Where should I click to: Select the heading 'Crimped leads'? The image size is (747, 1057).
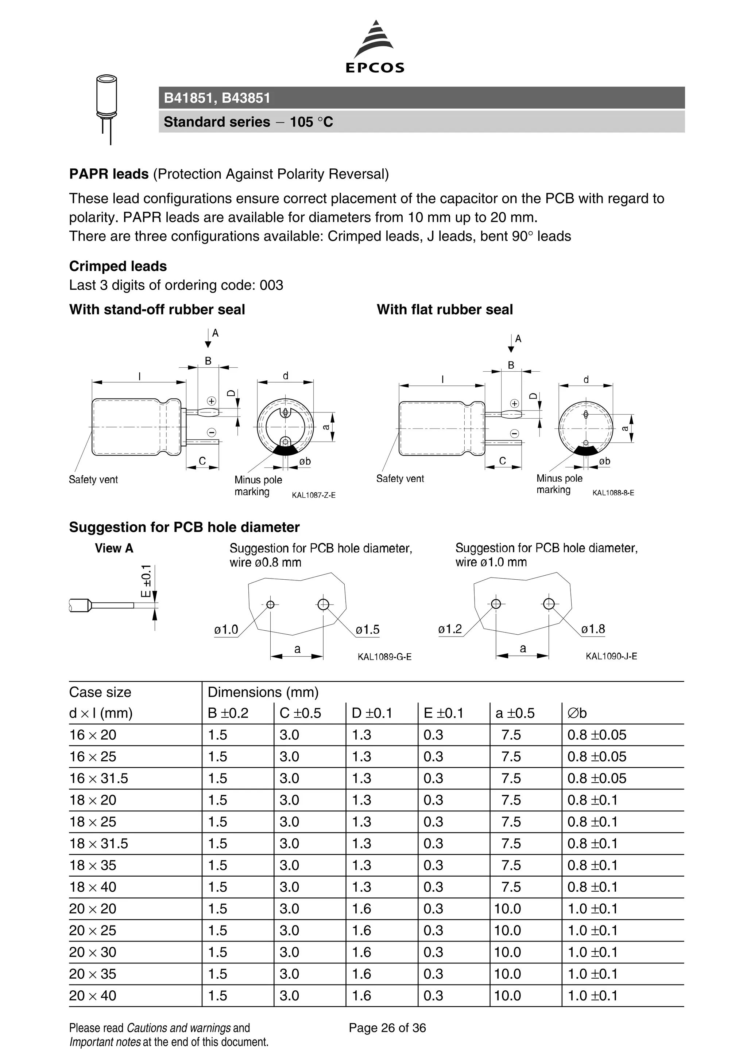coord(118,266)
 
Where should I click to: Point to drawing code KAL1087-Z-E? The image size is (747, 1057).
coord(313,496)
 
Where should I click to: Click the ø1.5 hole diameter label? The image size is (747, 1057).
coord(367,629)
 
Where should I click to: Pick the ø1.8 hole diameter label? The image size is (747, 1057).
coord(593,629)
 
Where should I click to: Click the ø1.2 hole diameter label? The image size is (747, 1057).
coord(450,629)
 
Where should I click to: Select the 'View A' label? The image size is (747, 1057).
coord(114,548)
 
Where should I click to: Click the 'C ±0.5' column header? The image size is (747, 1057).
coord(300,713)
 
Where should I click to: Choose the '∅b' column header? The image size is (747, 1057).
coord(577,713)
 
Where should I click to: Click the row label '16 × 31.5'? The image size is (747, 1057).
coord(98,779)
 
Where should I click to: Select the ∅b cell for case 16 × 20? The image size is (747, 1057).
coord(597,735)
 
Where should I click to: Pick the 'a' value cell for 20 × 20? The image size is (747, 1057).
coord(507,909)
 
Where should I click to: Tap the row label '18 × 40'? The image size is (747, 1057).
coord(93,887)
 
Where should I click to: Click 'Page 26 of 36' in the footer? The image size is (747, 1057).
coord(387,1028)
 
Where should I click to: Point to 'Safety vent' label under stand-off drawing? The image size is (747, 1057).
coord(93,480)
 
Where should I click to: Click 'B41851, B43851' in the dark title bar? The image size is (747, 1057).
coord(217,98)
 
